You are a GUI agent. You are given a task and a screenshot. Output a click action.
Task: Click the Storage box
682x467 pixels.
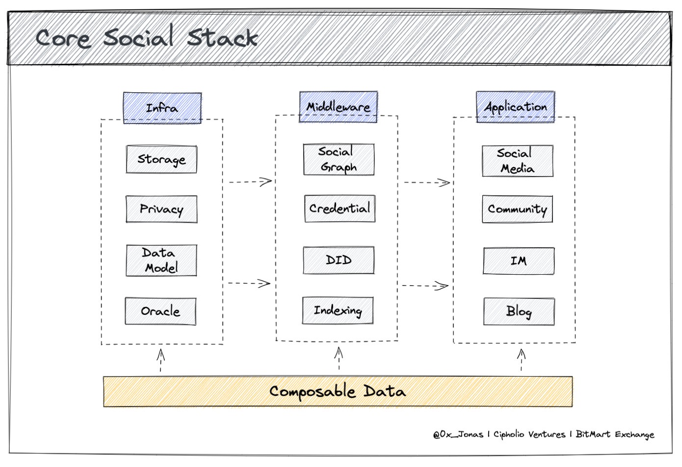click(x=161, y=159)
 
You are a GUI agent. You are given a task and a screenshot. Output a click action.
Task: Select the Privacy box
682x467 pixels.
click(x=161, y=209)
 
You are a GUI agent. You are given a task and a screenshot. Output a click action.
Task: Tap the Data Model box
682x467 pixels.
click(x=161, y=260)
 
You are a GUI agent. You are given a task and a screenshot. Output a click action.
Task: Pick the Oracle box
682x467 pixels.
click(x=160, y=311)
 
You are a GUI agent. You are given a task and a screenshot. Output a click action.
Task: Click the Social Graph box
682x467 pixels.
click(x=339, y=159)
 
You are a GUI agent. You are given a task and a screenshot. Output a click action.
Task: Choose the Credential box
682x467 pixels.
click(x=340, y=208)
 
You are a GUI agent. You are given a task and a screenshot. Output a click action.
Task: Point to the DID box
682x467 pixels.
click(x=339, y=260)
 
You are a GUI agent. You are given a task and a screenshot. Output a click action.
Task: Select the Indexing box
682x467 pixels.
click(x=338, y=310)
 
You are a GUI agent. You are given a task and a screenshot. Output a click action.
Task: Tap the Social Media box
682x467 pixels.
click(x=517, y=161)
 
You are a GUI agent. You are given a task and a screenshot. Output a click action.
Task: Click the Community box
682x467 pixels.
click(x=517, y=209)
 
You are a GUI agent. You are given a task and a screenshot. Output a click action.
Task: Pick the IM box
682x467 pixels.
click(x=519, y=261)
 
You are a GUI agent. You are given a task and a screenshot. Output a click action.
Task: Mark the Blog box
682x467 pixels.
click(x=519, y=311)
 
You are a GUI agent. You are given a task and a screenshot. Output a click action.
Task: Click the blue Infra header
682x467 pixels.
click(x=162, y=107)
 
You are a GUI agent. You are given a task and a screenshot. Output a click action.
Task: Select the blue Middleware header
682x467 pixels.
click(x=338, y=106)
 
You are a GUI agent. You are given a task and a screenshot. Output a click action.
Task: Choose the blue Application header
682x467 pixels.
click(x=515, y=106)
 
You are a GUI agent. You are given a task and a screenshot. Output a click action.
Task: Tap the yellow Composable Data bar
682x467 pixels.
click(x=338, y=391)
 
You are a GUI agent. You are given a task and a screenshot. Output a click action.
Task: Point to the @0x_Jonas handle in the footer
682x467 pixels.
click(x=458, y=435)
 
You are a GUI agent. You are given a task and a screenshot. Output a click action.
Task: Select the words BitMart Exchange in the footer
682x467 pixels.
click(x=615, y=435)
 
